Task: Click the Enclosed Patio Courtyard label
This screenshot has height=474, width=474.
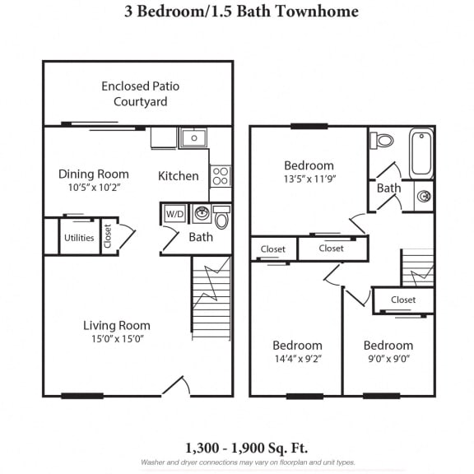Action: [140, 94]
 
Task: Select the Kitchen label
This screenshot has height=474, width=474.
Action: [178, 175]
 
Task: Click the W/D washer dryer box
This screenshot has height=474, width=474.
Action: [174, 214]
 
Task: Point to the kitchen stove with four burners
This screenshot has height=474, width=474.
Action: [221, 175]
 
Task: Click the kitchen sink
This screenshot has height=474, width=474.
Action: [193, 137]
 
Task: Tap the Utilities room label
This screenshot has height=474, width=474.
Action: [79, 239]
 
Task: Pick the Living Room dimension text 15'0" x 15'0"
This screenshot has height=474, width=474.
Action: [116, 338]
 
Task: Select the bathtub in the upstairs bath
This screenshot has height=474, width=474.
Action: [421, 152]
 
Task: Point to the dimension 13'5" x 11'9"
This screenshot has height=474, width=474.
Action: [309, 179]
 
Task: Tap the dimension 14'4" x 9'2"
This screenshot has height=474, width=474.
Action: [297, 359]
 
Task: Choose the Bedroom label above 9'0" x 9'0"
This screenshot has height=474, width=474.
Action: [388, 345]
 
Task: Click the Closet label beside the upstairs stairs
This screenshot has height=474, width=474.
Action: [403, 300]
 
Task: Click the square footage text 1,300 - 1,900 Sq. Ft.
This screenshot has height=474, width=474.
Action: [246, 448]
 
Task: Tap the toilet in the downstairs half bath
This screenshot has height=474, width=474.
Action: [221, 219]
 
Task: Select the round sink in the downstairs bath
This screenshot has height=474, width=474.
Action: [201, 214]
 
